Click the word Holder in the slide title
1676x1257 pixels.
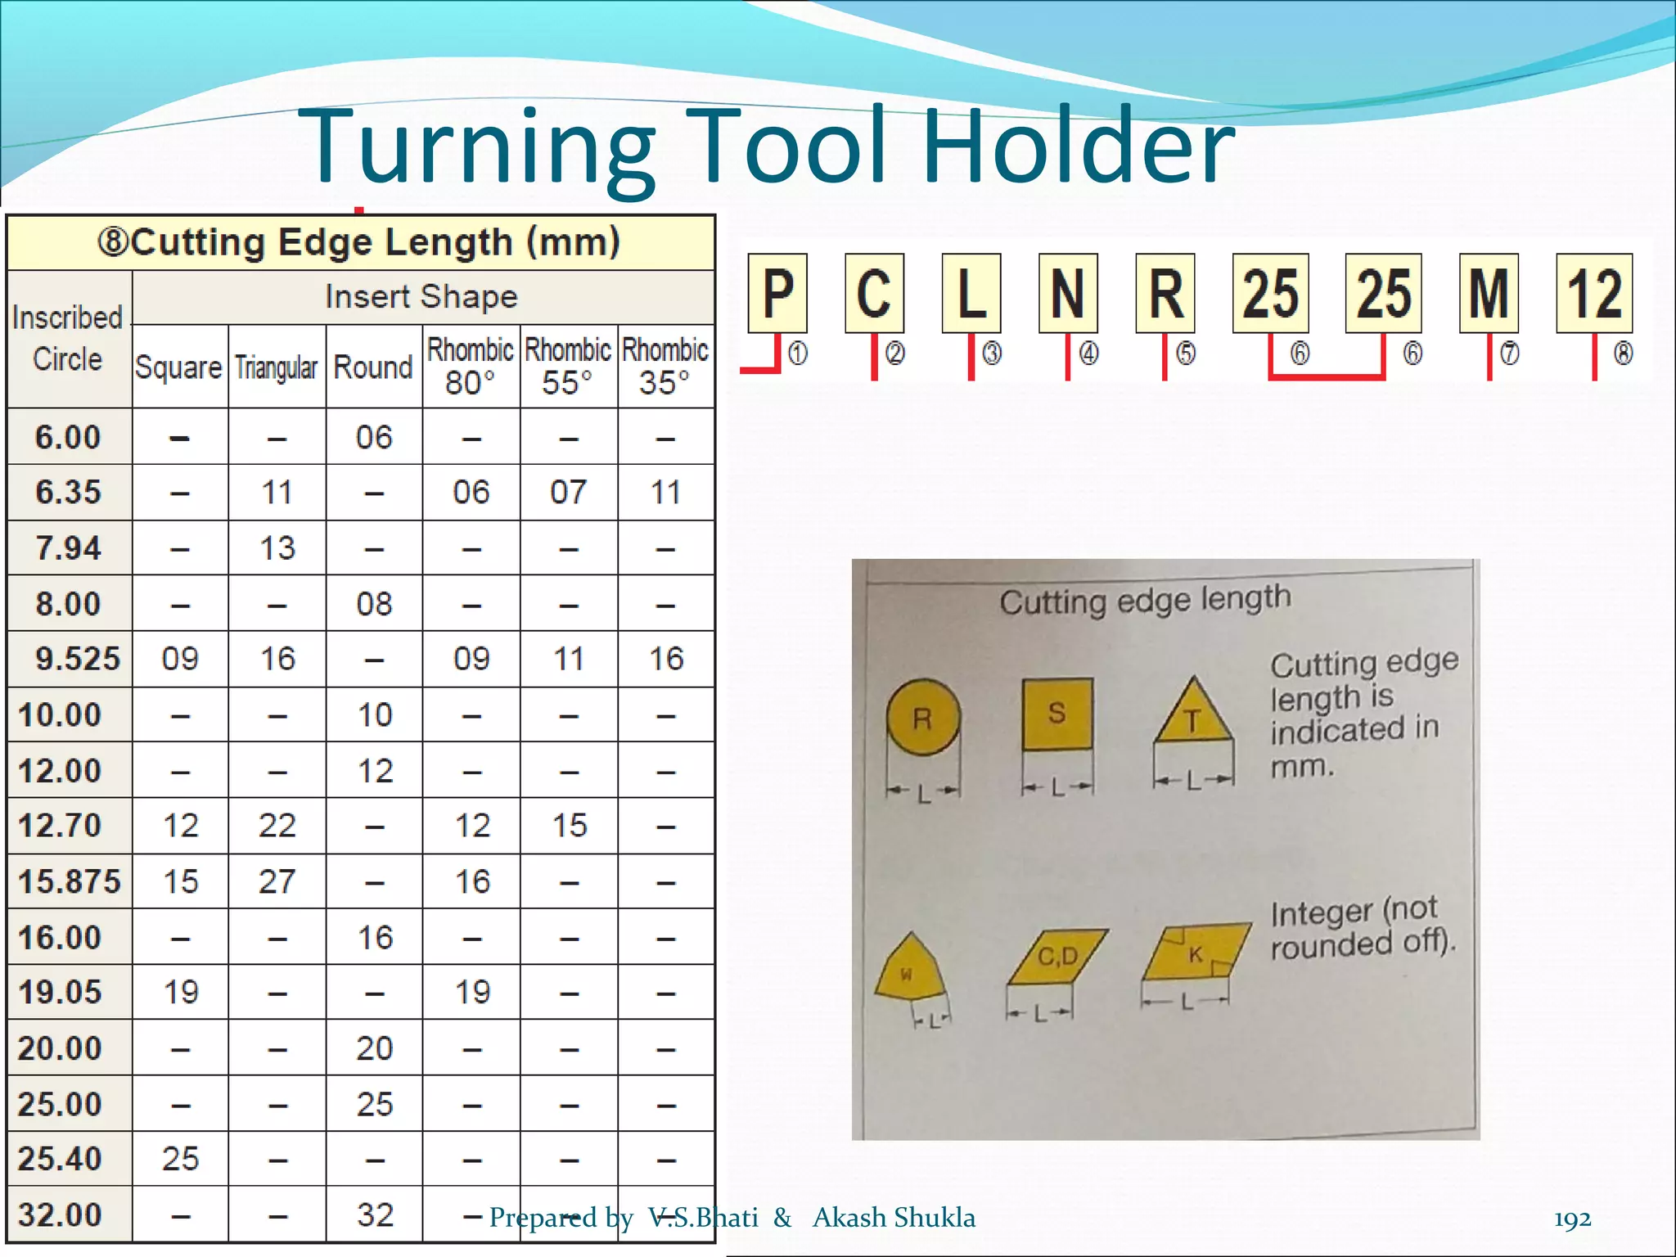point(1079,147)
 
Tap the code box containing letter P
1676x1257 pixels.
point(777,293)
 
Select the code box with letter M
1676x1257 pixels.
point(1489,293)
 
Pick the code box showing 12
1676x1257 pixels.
point(1593,293)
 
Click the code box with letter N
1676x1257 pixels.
point(1068,293)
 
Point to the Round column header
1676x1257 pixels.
point(374,367)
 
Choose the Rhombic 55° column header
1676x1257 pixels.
point(568,366)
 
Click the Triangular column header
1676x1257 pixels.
point(277,367)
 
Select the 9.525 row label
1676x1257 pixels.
point(77,659)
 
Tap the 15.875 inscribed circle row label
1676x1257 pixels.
point(70,881)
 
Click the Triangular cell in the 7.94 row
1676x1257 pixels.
point(277,547)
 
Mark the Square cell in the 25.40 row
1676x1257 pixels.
point(180,1159)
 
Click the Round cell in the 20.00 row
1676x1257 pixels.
point(375,1048)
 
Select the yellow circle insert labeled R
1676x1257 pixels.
point(923,717)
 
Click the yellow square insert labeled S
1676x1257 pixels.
point(1057,713)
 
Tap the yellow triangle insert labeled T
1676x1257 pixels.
point(1193,715)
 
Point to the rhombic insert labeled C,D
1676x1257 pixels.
point(1057,956)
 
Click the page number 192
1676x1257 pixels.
point(1572,1219)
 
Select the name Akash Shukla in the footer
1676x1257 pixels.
point(894,1218)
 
